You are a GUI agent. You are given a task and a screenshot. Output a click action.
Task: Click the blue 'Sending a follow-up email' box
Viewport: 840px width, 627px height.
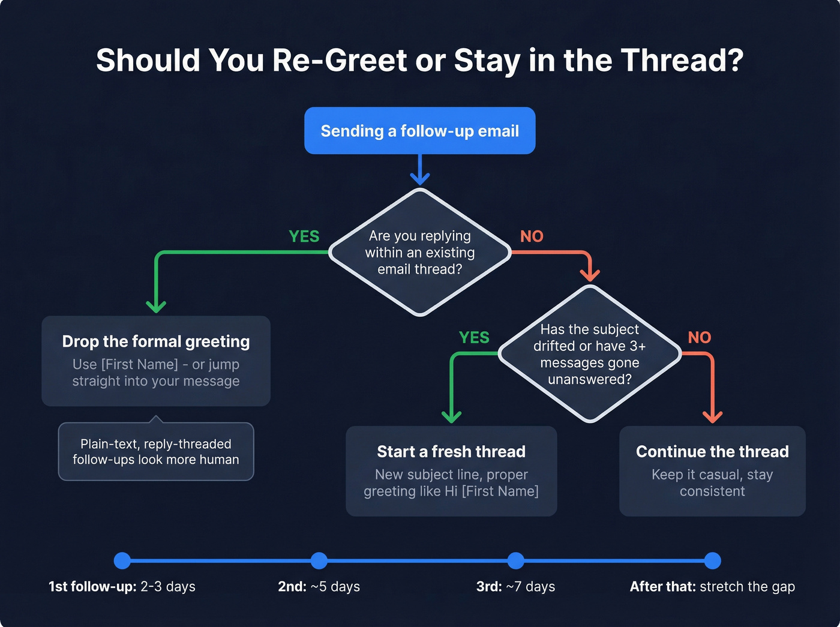[419, 131]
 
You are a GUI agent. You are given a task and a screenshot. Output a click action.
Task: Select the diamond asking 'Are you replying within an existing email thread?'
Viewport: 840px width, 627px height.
[419, 253]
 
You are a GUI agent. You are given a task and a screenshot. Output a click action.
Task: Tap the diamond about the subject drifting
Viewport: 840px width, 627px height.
[589, 354]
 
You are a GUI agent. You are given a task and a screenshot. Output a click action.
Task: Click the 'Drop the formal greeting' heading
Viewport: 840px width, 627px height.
[156, 341]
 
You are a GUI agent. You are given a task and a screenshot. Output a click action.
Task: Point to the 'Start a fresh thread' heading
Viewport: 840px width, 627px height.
[451, 451]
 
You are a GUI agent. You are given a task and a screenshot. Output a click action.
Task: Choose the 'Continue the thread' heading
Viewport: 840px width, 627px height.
[712, 451]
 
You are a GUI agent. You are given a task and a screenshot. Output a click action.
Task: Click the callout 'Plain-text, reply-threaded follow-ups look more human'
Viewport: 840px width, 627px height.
[156, 452]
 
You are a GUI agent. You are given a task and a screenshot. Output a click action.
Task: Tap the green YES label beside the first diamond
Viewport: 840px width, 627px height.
[304, 237]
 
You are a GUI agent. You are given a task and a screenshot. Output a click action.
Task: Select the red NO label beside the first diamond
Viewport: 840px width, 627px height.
[532, 237]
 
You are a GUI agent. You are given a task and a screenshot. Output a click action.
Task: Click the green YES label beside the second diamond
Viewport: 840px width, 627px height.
[474, 338]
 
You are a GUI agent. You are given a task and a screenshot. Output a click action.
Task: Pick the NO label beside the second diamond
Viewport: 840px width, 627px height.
[700, 338]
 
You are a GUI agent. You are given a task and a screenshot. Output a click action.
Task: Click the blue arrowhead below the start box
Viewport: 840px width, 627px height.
[420, 178]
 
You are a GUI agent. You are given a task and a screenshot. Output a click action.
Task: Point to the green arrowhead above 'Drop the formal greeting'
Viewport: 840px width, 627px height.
[156, 306]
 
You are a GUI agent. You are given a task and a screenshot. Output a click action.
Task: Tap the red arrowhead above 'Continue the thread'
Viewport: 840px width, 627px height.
[712, 416]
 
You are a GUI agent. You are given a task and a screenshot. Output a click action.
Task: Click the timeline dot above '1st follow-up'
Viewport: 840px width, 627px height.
[122, 561]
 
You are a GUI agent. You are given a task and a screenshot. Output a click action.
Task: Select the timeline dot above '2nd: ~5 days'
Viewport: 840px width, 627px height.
[319, 561]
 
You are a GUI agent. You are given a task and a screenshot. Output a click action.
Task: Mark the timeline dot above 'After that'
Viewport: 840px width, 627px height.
[712, 561]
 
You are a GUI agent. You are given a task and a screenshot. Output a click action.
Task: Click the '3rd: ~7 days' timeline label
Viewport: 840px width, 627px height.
[515, 587]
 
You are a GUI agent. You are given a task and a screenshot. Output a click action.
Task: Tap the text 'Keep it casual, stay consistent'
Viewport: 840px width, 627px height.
[712, 483]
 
